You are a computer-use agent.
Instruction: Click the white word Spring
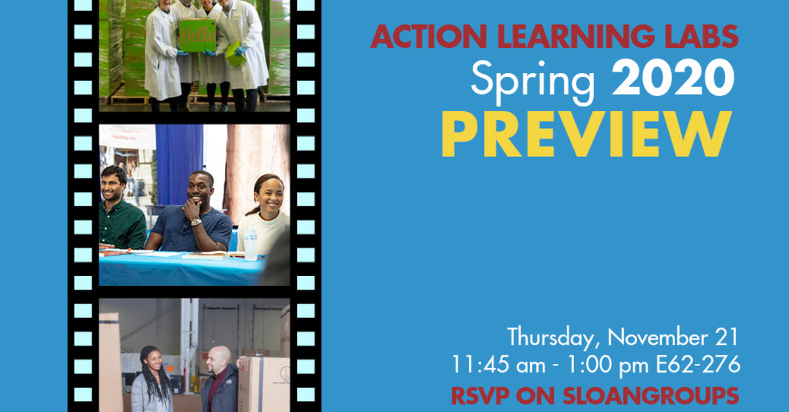point(533,80)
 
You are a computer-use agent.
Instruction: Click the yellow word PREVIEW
point(586,135)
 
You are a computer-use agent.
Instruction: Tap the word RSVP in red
point(481,396)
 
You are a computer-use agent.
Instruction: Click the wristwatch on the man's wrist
point(195,223)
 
